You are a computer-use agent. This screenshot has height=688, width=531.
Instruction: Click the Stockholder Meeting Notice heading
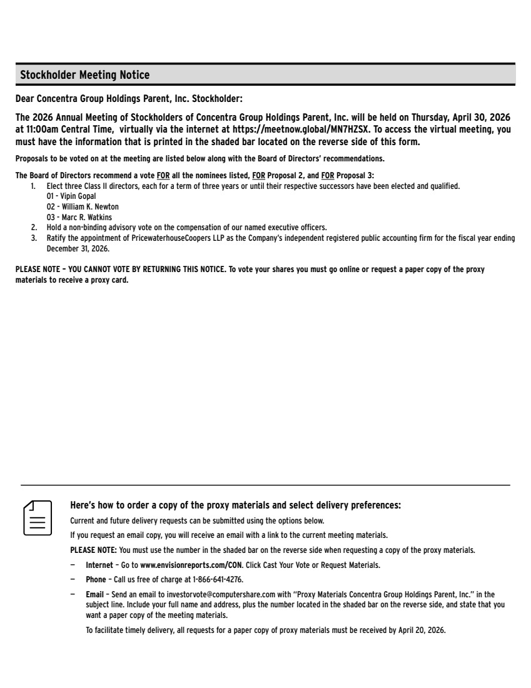coord(85,75)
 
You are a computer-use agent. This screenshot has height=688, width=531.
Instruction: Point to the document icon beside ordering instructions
coord(38,517)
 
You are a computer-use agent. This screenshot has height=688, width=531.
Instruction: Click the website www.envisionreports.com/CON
coord(191,565)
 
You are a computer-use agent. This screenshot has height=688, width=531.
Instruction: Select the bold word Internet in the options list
coord(99,565)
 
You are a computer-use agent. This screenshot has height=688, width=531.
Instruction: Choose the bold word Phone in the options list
coord(96,580)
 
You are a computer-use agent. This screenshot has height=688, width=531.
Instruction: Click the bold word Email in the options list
coord(95,594)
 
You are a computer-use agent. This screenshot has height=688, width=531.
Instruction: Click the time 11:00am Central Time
coord(66,130)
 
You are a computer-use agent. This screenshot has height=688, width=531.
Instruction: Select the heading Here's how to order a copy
coord(235,505)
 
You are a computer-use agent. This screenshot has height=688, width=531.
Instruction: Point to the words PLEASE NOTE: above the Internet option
coord(93,550)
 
